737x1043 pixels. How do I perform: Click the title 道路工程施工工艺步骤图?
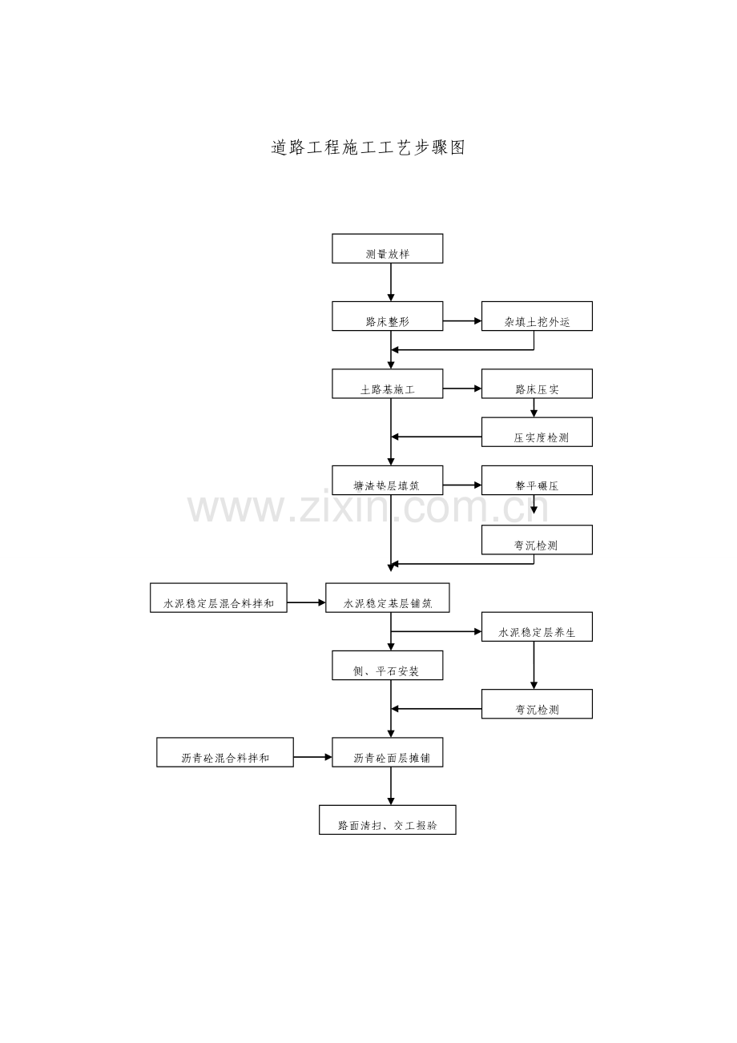coord(368,147)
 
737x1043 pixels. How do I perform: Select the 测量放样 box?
coord(388,248)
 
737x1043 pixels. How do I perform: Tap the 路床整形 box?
coord(388,316)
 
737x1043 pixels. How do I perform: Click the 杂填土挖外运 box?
coord(537,316)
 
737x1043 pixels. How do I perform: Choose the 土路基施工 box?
coord(388,384)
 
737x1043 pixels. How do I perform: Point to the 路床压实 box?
coord(537,384)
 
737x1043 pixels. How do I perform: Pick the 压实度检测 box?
coord(537,432)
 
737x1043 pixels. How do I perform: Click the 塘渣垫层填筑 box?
coord(388,480)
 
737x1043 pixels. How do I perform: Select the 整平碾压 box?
coord(537,480)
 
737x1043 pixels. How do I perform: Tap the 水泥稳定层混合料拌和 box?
coord(219,598)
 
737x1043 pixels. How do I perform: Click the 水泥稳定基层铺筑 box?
coord(388,598)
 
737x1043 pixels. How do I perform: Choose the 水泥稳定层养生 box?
coord(537,626)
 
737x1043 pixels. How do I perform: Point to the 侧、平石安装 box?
coord(388,666)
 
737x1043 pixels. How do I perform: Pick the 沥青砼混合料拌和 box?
coord(225,752)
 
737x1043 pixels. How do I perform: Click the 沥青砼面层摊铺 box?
coord(388,752)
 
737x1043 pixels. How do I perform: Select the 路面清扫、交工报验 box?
coord(388,819)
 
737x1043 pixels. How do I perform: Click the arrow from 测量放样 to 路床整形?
coord(391,282)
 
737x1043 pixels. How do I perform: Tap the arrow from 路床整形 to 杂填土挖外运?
coord(462,320)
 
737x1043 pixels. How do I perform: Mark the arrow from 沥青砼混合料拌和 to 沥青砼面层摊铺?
coord(313,757)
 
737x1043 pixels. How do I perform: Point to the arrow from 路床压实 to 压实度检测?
coord(534,408)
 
